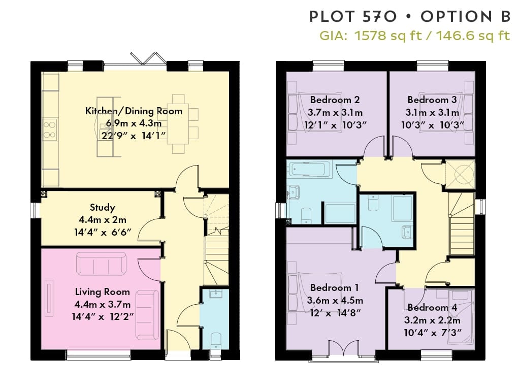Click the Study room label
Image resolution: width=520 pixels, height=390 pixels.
[103, 208]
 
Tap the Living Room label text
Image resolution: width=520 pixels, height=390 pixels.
[103, 292]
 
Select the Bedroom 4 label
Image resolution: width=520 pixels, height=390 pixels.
[432, 308]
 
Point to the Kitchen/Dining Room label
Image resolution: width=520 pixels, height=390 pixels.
[134, 111]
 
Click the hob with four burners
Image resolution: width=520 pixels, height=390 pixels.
[50, 129]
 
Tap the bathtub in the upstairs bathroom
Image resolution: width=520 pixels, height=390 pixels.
[309, 169]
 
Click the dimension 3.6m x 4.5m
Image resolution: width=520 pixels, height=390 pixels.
[335, 301]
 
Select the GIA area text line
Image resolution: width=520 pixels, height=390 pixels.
[414, 35]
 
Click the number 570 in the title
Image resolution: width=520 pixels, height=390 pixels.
[379, 17]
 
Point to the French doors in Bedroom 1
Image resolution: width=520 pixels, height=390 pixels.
[344, 349]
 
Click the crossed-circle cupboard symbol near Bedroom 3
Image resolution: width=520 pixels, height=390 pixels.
[460, 175]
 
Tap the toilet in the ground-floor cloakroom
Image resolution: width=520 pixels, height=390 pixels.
[216, 340]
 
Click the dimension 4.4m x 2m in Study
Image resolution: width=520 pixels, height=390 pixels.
[103, 219]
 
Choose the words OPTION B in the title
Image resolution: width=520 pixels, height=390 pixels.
[466, 17]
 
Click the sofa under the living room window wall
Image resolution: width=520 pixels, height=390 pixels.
[147, 315]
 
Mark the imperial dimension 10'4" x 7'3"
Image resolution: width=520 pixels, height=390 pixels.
[433, 332]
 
